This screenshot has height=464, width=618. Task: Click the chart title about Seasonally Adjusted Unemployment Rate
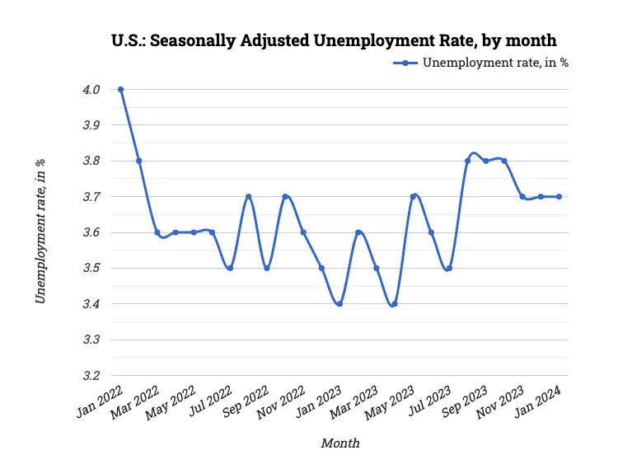[334, 40]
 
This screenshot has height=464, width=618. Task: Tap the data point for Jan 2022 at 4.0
[121, 89]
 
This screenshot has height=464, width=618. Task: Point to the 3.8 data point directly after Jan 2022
[139, 161]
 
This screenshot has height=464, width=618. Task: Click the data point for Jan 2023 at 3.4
[339, 304]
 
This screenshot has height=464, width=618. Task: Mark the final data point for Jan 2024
[559, 196]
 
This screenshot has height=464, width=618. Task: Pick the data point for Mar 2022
[157, 232]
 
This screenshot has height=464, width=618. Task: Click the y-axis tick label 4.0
[91, 90]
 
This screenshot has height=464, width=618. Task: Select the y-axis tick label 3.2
[91, 376]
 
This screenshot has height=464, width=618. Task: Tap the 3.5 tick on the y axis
[91, 269]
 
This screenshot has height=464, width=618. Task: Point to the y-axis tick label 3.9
[91, 125]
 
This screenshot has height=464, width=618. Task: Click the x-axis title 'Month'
[339, 443]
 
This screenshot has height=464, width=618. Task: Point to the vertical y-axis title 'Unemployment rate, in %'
[40, 232]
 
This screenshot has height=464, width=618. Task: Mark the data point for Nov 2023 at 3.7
[522, 196]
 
